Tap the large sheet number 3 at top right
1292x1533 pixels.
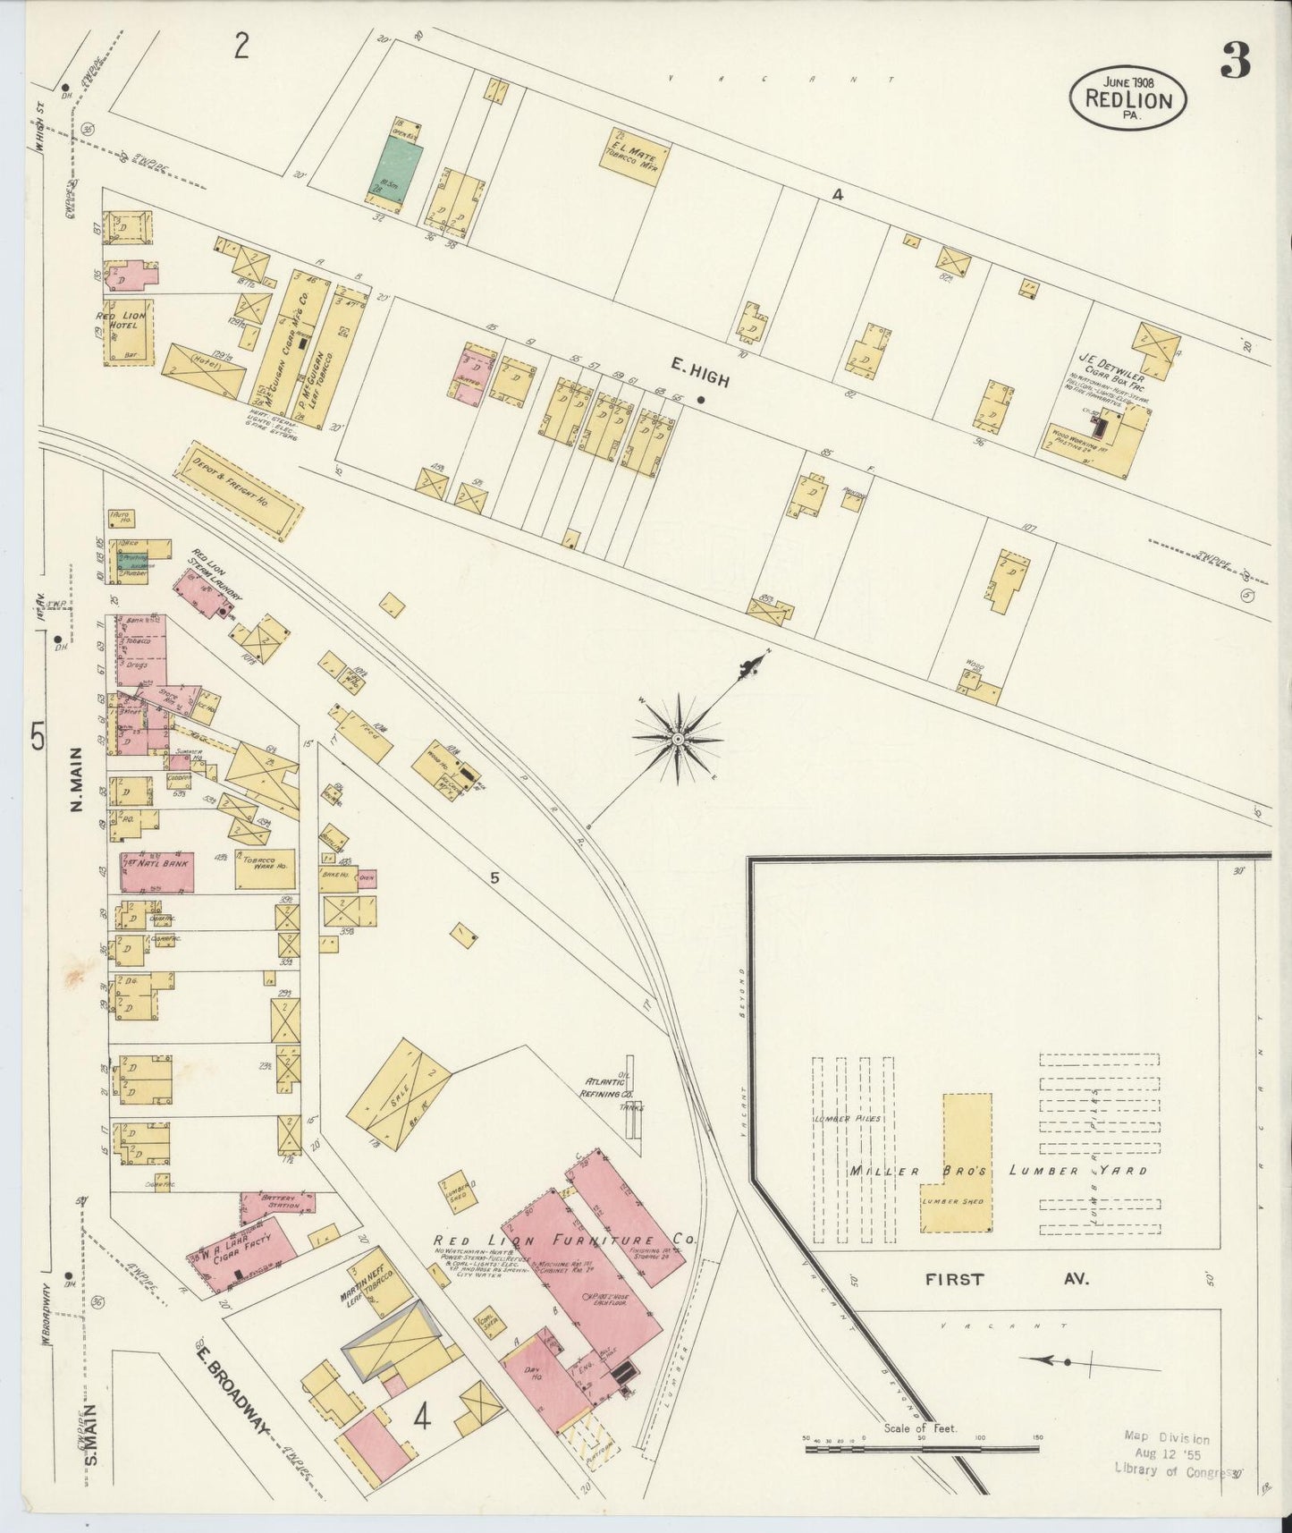pos(1234,61)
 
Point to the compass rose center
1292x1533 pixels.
pos(678,739)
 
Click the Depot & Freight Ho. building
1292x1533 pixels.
pos(237,489)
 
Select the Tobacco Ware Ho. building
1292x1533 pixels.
pos(266,869)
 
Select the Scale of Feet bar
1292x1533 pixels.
pos(921,1446)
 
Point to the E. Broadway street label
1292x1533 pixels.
pos(231,1391)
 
